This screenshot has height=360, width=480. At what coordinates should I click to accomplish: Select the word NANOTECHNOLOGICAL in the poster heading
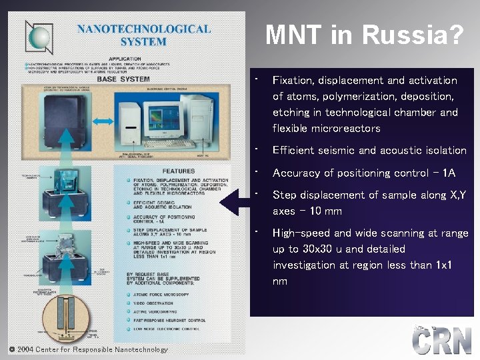pos(143,29)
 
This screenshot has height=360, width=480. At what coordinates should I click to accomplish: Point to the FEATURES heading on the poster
pos(179,171)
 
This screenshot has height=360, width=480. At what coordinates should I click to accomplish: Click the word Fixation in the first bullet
pos(294,81)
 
